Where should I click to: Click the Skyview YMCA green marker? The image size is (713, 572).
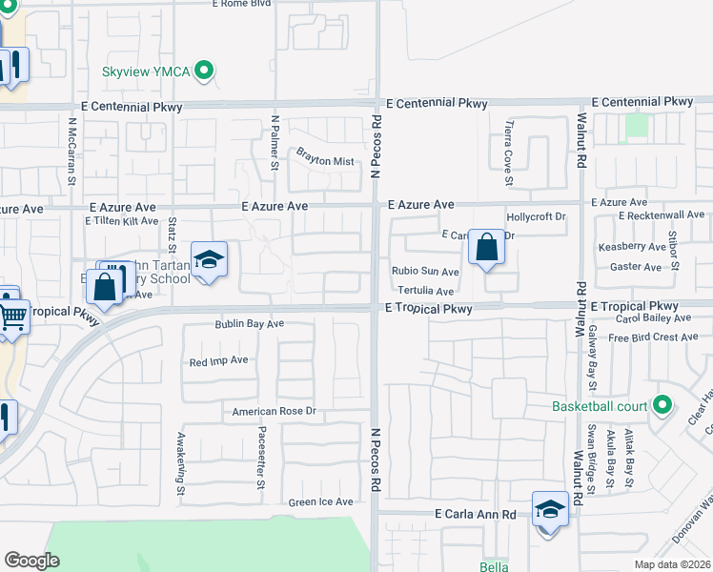[x=202, y=71]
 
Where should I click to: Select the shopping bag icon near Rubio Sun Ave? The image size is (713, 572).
[x=486, y=248]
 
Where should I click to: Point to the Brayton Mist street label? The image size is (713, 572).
[x=325, y=161]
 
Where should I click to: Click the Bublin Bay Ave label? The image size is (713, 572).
[x=250, y=324]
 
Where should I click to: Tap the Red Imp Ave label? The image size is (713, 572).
[x=218, y=361]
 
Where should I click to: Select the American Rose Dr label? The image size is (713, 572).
[x=274, y=412]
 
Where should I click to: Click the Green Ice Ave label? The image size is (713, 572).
[x=321, y=502]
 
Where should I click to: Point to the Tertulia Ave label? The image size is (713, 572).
[x=426, y=290]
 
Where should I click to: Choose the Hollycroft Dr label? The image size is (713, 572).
[x=536, y=217]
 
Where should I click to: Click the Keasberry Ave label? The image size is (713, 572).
[x=631, y=246]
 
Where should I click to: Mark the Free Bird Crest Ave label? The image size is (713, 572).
[x=653, y=337]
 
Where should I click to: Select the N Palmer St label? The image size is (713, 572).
[x=275, y=144]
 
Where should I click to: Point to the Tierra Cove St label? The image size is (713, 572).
[x=508, y=157]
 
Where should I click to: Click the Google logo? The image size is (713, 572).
[x=31, y=561]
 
